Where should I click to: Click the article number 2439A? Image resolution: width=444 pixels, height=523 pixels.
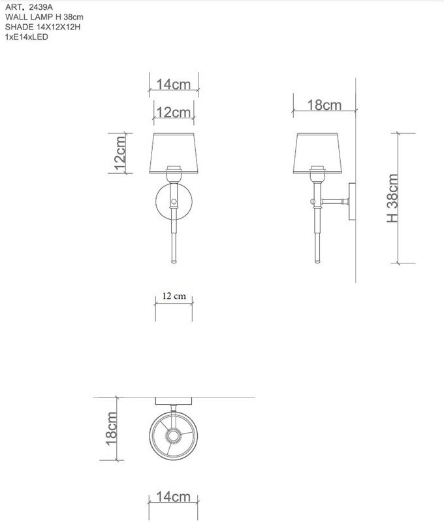(40, 7)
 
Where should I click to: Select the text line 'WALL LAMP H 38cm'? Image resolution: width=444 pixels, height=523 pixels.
(44, 17)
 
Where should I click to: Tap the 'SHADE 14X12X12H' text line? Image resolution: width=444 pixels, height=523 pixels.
(42, 27)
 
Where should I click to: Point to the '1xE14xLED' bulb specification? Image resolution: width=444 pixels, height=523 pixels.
(27, 37)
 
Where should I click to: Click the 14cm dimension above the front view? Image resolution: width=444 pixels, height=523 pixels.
(173, 84)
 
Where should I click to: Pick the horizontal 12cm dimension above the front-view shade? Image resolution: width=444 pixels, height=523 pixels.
(174, 112)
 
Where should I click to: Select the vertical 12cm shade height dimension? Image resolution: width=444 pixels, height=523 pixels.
(120, 153)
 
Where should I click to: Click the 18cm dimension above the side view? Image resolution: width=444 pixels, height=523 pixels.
(324, 105)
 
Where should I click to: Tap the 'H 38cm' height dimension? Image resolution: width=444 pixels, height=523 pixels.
(392, 198)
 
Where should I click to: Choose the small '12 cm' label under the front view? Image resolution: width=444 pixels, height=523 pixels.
(174, 296)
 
